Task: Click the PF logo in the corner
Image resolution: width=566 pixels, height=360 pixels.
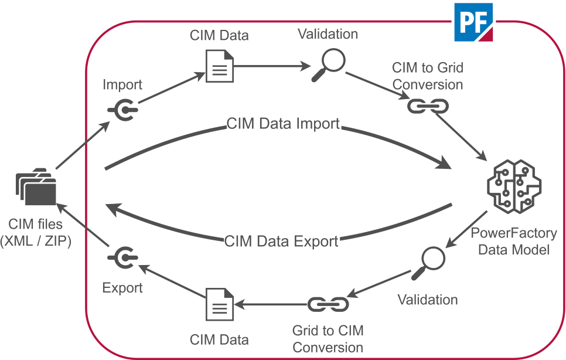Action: click(473, 22)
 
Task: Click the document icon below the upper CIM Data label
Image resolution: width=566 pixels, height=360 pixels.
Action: click(220, 66)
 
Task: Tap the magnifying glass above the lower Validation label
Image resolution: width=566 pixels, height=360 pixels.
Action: click(429, 262)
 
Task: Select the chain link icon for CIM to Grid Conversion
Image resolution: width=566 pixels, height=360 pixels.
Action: click(428, 106)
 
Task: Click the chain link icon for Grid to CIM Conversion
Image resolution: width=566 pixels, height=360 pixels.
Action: click(328, 304)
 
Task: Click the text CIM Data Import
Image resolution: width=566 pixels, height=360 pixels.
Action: click(283, 124)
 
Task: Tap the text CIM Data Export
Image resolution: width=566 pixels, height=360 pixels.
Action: click(281, 241)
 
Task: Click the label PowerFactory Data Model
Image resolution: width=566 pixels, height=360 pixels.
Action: click(514, 241)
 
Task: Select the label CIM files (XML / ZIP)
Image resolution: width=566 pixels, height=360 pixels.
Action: click(36, 232)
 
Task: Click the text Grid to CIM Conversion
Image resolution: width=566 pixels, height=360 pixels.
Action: click(328, 339)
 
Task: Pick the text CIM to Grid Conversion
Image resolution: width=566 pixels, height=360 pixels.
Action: click(428, 76)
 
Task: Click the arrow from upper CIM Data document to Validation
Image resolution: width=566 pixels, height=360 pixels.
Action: click(270, 66)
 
